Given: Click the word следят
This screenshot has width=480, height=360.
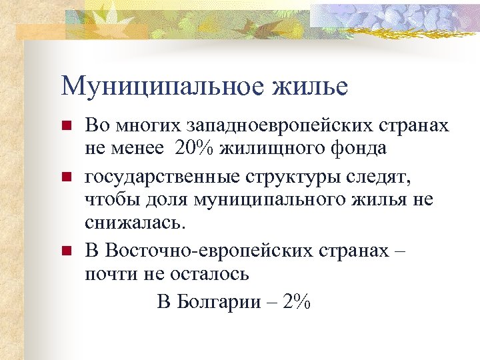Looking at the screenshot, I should [381, 177].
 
